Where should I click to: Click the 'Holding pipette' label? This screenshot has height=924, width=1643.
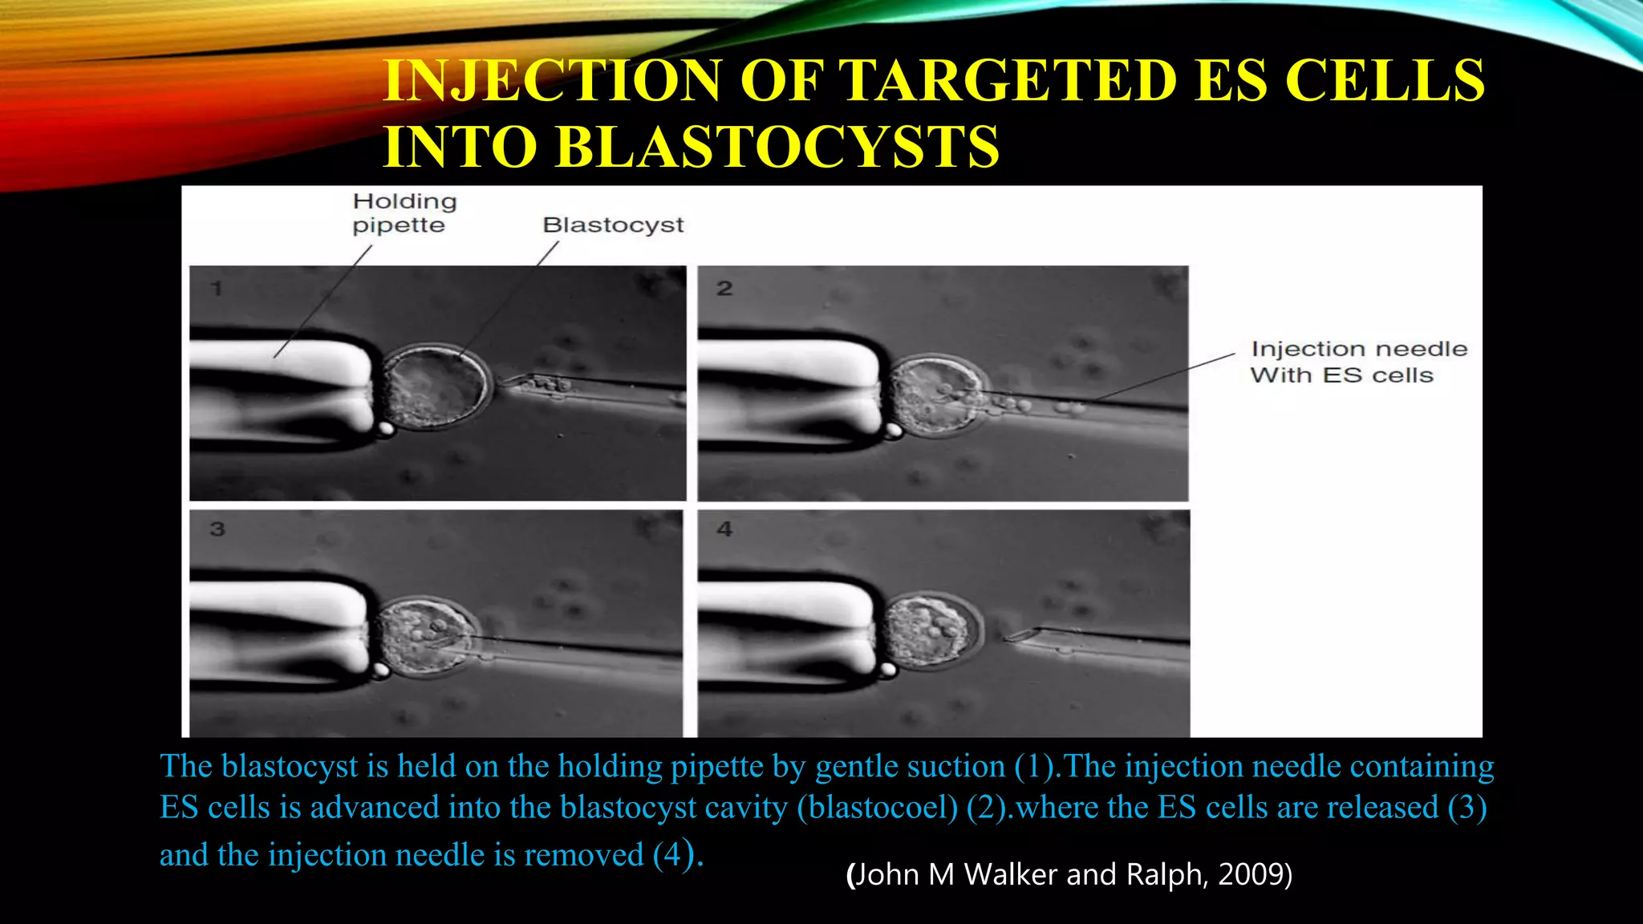(404, 213)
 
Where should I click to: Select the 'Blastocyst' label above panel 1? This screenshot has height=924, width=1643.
(613, 225)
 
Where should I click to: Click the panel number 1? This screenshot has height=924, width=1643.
(217, 289)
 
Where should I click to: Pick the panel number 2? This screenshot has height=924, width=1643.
(724, 289)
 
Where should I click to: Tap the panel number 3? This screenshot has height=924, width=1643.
(217, 529)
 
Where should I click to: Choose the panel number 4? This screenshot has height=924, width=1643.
(724, 529)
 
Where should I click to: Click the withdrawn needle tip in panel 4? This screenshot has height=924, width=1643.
(1012, 638)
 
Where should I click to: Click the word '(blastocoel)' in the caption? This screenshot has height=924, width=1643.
(878, 808)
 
